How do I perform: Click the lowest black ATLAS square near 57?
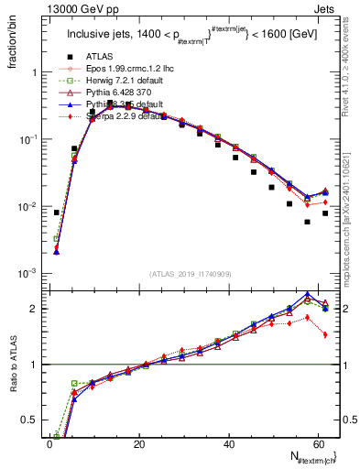(307, 222)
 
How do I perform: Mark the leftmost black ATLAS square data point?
(57, 213)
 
